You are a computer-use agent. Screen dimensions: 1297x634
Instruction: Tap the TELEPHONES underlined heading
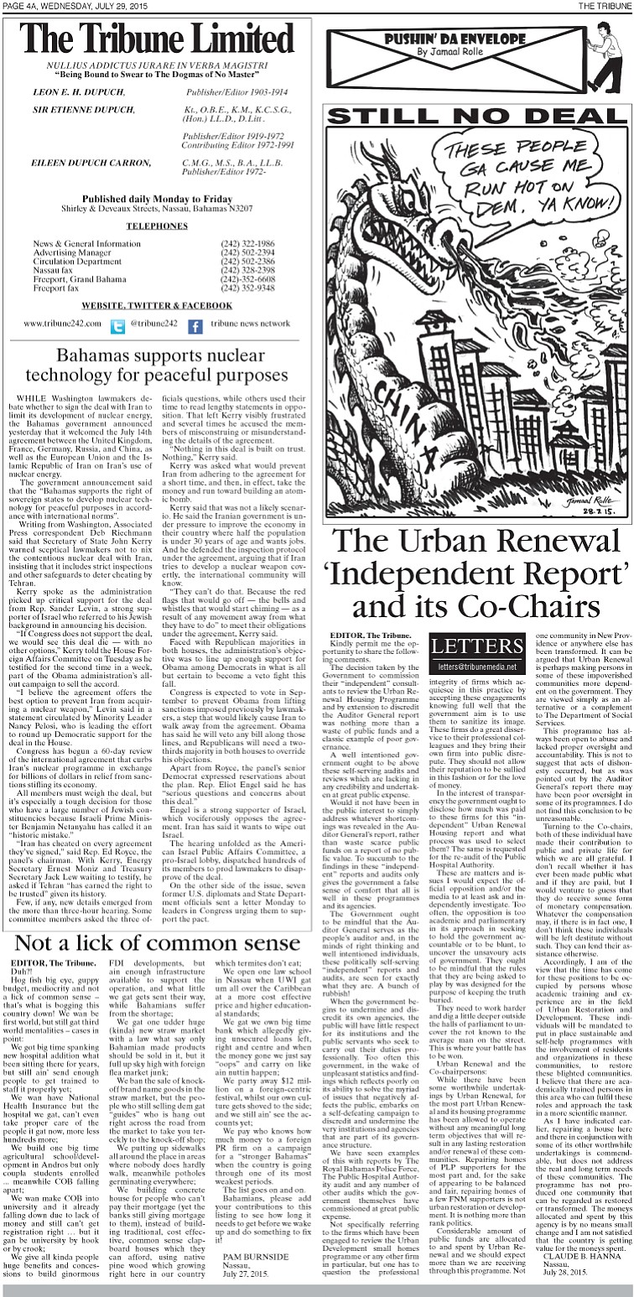(x=158, y=226)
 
